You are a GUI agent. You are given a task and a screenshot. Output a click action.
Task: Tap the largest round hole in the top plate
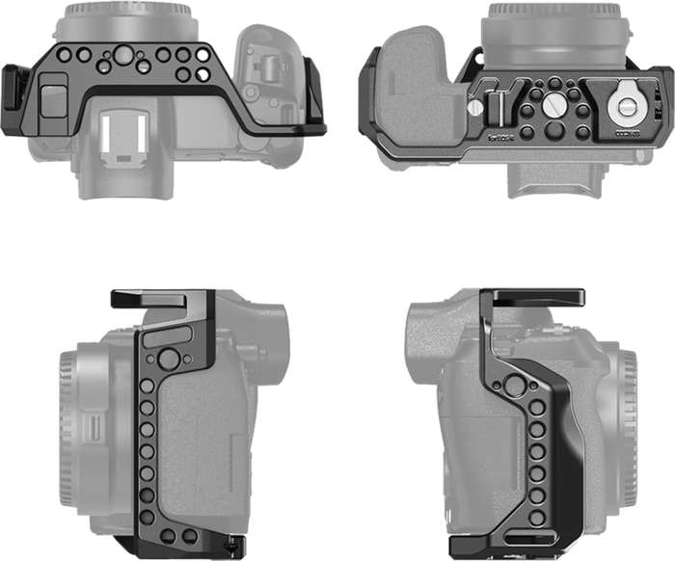click(x=123, y=57)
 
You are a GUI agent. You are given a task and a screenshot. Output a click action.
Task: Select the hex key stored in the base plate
click(x=492, y=103)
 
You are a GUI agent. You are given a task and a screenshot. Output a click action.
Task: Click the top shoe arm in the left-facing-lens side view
click(x=159, y=298)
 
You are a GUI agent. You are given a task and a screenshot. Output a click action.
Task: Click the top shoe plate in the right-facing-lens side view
click(x=532, y=297)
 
